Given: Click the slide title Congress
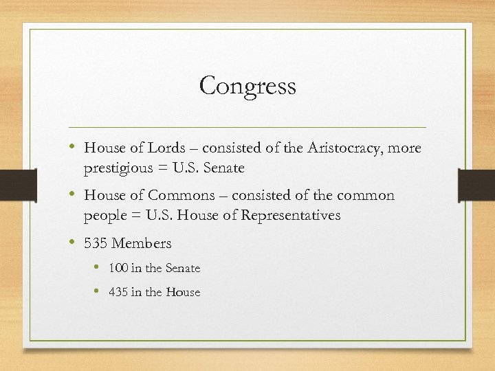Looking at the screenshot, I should [x=247, y=87].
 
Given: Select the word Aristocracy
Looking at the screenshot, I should [x=342, y=148].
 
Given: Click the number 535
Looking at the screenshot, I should [x=96, y=243].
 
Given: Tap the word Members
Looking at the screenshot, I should [x=142, y=243].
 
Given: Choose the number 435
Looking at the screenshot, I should [x=118, y=292].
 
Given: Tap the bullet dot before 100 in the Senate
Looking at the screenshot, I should [x=98, y=267].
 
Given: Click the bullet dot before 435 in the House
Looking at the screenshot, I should [x=98, y=291].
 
